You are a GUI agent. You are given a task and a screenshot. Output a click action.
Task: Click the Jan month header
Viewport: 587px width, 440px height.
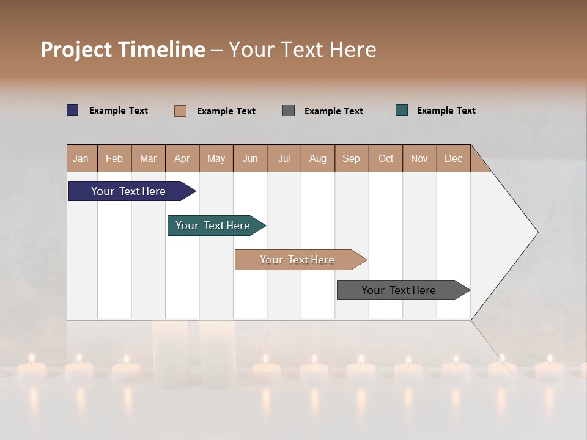click(81, 158)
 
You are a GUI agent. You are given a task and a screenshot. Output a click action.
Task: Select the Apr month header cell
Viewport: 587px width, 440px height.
click(182, 158)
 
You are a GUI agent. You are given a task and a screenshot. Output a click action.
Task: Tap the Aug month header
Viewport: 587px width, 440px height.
click(318, 158)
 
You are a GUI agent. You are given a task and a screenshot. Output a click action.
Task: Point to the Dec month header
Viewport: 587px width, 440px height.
click(453, 158)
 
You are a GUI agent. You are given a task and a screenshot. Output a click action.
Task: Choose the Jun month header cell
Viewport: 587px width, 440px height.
click(250, 158)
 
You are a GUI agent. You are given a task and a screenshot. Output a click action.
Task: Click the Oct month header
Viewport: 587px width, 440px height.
click(386, 158)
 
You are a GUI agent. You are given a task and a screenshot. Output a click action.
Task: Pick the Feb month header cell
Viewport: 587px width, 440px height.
click(114, 158)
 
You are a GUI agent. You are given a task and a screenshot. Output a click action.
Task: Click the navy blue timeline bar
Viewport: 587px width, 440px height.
click(128, 191)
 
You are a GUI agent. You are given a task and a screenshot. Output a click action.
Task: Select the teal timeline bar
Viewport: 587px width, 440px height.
click(213, 226)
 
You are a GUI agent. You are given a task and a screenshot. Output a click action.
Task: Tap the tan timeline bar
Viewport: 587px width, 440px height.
click(297, 260)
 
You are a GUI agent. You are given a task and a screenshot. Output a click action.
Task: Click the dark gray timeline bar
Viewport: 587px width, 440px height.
click(399, 290)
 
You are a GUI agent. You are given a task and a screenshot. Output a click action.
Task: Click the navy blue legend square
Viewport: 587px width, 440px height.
click(73, 110)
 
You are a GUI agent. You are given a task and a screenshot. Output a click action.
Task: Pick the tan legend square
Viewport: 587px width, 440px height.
click(180, 111)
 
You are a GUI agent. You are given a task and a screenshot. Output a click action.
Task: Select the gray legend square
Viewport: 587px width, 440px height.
click(289, 111)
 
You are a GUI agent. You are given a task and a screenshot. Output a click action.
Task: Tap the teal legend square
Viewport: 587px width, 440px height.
click(402, 110)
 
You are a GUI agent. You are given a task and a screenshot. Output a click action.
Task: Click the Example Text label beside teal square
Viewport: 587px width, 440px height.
click(446, 111)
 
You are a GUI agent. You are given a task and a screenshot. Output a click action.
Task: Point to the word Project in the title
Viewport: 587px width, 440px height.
click(76, 50)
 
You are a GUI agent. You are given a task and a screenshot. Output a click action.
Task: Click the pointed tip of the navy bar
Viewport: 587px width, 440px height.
click(194, 191)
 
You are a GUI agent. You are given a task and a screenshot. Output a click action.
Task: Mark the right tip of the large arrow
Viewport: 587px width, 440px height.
click(537, 232)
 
